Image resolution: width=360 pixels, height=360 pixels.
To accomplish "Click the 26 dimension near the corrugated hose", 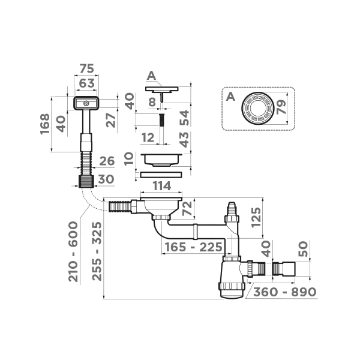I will pyautogui.click(x=106, y=161).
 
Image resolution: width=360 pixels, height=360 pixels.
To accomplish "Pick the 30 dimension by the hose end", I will pyautogui.click(x=106, y=179).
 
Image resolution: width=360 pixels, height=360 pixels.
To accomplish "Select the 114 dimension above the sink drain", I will pyautogui.click(x=161, y=187).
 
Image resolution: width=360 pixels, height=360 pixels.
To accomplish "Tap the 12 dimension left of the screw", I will pyautogui.click(x=146, y=137).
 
